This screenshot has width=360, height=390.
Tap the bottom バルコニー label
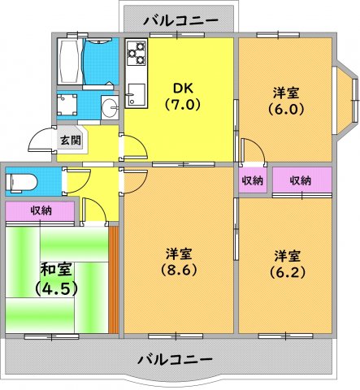coord(175,358)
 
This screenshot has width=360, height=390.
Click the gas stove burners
coord(136,57)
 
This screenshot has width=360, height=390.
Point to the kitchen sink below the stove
coord(136,90)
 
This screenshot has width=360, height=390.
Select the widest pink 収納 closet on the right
coord(301,180)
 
